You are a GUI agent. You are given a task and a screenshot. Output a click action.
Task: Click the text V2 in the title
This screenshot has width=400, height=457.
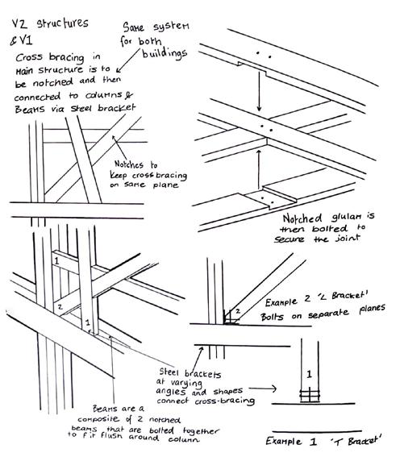(x=20, y=24)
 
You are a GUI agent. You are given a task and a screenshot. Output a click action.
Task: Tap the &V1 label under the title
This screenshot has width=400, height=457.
(x=21, y=40)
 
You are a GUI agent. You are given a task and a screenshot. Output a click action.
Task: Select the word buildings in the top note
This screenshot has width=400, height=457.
(x=165, y=52)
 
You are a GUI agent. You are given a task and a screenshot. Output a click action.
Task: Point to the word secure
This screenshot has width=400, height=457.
(x=289, y=239)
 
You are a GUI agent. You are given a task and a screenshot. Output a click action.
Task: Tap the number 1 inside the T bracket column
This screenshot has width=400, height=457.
(x=310, y=374)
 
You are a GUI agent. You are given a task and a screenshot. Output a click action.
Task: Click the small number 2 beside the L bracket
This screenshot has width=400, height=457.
(x=238, y=311)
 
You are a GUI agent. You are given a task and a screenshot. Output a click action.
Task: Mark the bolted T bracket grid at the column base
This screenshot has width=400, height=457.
(x=310, y=396)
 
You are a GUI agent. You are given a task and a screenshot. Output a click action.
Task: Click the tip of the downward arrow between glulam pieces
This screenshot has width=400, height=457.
(x=259, y=111)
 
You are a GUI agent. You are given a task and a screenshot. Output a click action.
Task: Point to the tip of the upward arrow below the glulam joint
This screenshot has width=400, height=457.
(x=258, y=150)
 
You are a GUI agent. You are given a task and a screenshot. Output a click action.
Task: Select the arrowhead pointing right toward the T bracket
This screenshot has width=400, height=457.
(x=274, y=388)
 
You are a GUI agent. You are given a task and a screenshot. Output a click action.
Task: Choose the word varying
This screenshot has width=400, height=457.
(x=186, y=383)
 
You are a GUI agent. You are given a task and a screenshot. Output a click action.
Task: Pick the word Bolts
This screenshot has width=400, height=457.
(x=272, y=317)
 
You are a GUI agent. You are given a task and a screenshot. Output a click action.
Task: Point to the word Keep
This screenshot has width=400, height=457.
(x=119, y=175)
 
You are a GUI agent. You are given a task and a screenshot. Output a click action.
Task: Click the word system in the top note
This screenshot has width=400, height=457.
(x=172, y=27)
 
